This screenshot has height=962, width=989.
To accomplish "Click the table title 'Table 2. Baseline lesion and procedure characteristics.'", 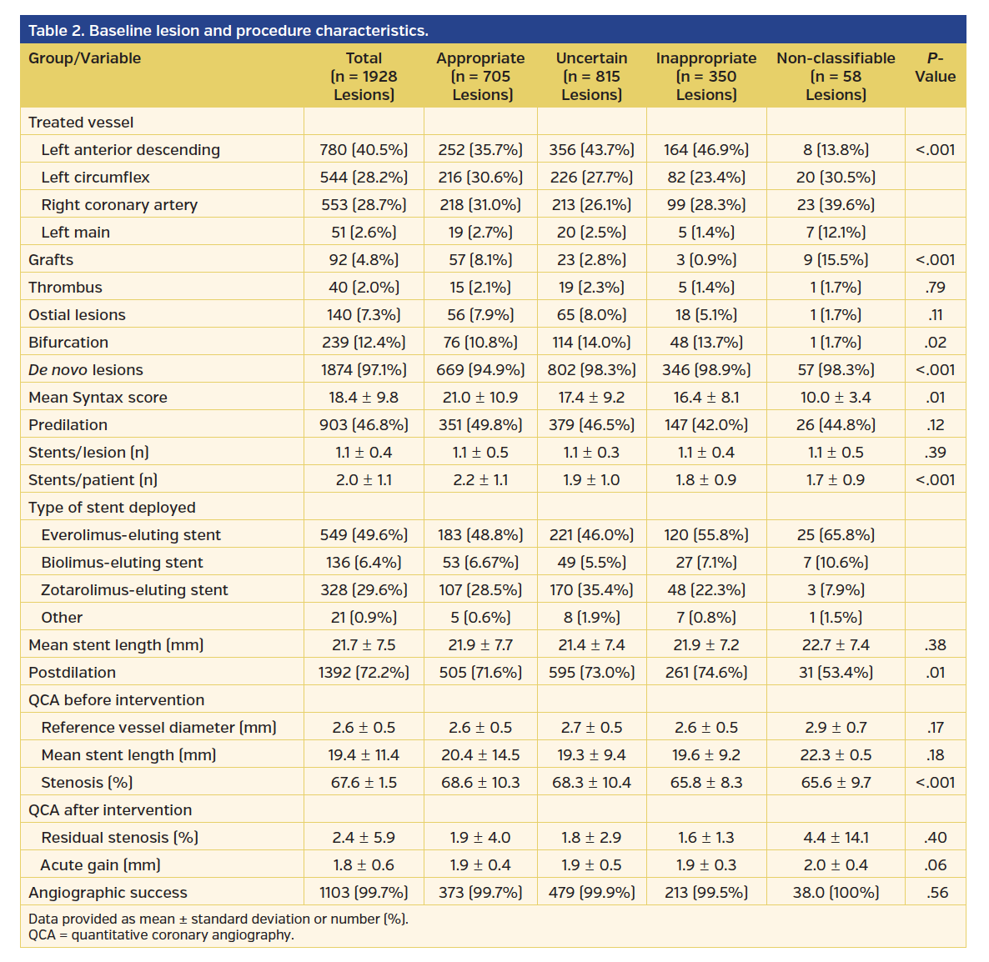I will [228, 31].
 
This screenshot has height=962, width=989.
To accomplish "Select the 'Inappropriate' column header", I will [705, 76].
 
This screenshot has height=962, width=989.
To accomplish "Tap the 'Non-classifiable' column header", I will [836, 76].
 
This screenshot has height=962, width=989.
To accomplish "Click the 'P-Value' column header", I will [935, 68].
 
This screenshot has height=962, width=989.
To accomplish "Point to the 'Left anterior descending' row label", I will [131, 150].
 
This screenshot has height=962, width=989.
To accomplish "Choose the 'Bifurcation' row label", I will [68, 343].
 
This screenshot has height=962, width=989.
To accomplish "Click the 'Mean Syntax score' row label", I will [98, 398].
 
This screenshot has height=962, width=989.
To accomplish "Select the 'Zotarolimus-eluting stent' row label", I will [134, 590].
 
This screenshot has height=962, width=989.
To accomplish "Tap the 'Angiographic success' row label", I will [108, 893].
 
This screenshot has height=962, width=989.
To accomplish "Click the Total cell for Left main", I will [364, 233].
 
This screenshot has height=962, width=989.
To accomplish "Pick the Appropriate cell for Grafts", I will [480, 260].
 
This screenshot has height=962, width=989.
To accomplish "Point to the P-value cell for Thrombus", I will [935, 288].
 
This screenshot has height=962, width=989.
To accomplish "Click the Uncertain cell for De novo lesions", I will [591, 370].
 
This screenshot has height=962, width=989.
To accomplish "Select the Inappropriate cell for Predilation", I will [705, 425].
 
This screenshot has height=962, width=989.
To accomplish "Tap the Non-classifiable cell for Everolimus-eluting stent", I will [836, 535].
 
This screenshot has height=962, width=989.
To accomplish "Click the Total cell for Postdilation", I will [364, 673].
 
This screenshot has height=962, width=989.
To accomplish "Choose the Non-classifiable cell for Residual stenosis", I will [836, 838].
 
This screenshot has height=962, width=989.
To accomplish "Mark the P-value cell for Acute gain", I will [935, 865].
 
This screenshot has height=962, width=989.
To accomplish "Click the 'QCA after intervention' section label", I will [110, 810].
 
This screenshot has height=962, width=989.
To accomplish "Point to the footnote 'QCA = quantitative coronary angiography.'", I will [161, 935].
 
